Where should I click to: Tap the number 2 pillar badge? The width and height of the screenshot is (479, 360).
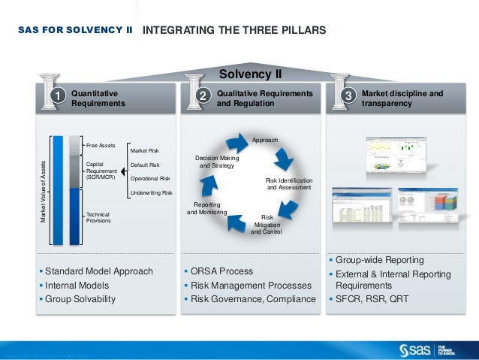coord(201,96)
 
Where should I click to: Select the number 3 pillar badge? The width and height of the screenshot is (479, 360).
coord(348,96)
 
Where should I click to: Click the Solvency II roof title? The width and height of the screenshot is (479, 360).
coord(250,74)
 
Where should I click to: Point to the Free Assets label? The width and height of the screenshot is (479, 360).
coord(100,144)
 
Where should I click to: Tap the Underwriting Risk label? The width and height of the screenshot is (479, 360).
coord(152,193)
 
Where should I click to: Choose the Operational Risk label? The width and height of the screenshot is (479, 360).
coord(150,179)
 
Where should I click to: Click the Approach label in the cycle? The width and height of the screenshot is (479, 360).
coord(265,141)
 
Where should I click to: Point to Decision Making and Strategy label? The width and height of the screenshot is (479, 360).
coord(217,162)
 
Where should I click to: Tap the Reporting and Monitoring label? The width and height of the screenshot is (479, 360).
coord(206,208)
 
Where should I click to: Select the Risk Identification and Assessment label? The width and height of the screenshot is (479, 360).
coord(289,184)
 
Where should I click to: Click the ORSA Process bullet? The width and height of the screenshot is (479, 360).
coord(221,271)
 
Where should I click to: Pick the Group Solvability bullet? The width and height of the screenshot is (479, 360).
coord(80,299)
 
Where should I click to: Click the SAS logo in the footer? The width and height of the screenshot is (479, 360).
coord(416,349)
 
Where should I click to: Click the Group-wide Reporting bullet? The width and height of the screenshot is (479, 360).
coord(379,260)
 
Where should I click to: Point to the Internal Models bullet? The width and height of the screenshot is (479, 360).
coord(77,286)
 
